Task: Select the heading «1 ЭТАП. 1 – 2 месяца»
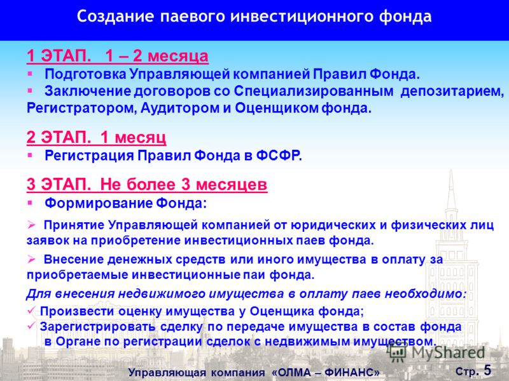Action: coord(118,56)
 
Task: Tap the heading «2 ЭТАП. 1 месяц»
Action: coord(97,137)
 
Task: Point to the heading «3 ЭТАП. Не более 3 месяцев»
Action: coord(147,184)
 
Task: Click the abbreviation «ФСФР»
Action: coord(279,156)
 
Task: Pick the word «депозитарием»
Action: coord(452,91)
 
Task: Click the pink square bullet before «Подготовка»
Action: coord(30,74)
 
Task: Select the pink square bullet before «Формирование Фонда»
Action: coord(30,203)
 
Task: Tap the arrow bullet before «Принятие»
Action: coord(31,225)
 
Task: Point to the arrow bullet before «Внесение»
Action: coord(31,259)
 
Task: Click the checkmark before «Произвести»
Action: coord(31,311)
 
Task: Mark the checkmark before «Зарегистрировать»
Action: coord(31,326)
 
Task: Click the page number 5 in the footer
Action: coord(487,370)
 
